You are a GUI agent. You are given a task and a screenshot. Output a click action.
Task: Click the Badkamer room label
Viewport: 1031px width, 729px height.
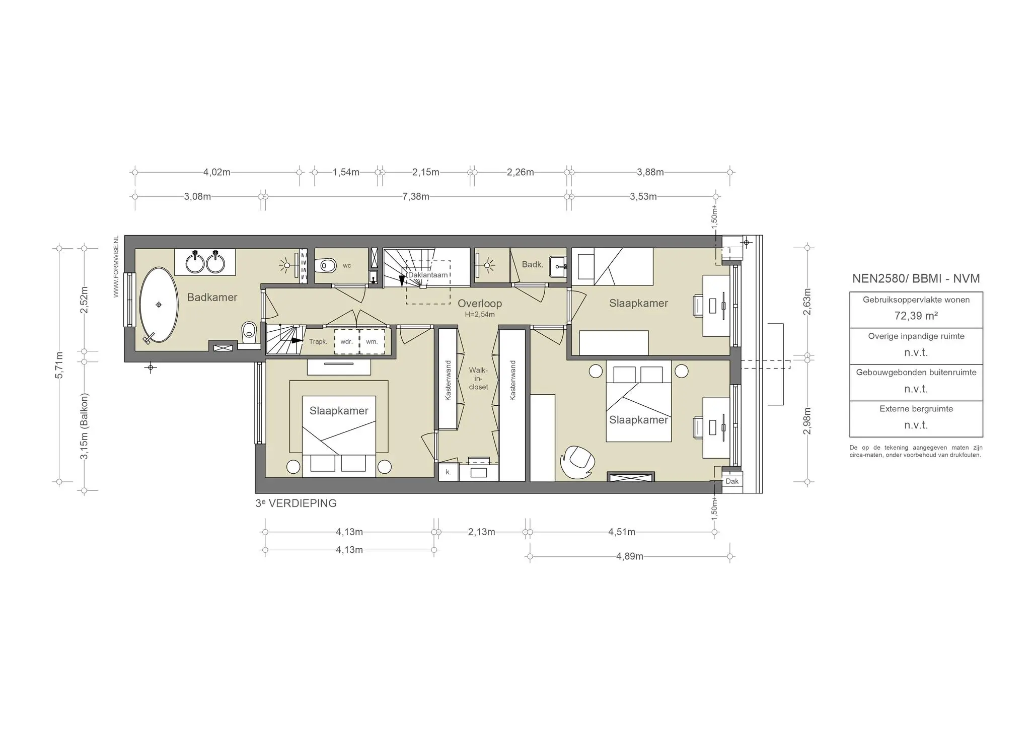click(212, 298)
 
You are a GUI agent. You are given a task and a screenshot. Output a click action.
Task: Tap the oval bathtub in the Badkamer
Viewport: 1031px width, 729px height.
click(159, 305)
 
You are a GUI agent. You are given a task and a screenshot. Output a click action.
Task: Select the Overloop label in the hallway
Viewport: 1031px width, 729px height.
click(479, 304)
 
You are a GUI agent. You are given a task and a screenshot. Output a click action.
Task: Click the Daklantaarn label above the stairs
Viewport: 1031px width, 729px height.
click(427, 275)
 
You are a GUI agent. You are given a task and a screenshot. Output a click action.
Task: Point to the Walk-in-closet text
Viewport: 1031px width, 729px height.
click(478, 379)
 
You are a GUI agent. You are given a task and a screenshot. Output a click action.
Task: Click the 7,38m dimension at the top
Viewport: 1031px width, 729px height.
click(415, 197)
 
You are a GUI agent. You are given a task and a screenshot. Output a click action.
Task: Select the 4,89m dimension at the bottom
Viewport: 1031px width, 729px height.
click(629, 557)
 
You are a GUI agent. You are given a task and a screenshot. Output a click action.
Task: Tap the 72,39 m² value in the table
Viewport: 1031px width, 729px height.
click(916, 316)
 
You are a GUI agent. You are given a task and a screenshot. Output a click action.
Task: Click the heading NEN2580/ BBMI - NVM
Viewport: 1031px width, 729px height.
click(916, 279)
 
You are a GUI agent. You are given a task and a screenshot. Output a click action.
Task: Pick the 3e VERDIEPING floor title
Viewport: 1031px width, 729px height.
click(296, 503)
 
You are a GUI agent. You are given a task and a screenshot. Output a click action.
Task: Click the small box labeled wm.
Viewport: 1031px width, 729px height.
click(372, 342)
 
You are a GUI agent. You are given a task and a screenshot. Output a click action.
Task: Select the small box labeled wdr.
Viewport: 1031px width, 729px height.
click(346, 342)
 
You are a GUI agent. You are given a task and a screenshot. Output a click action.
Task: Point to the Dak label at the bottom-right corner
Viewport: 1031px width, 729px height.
click(732, 481)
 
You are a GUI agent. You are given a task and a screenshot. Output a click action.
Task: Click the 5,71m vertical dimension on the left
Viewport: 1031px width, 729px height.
click(59, 365)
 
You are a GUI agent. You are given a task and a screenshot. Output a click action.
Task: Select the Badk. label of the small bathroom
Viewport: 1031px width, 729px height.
click(532, 264)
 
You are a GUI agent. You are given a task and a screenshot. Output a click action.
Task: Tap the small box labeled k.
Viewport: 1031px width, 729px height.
click(448, 473)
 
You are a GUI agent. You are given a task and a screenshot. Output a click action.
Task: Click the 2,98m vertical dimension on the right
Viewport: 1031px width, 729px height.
click(807, 420)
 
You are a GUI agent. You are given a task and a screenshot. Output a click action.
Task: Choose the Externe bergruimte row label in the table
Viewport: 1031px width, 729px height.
click(916, 409)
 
